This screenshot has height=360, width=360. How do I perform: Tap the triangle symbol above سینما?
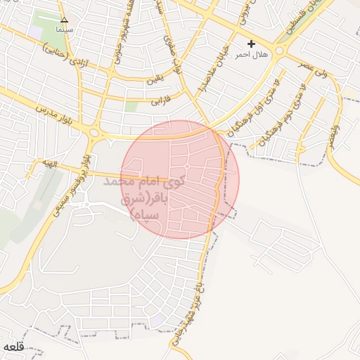[65, 20]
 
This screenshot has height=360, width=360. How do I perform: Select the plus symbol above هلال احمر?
[251, 44]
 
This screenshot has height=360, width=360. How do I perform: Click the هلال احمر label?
[252, 54]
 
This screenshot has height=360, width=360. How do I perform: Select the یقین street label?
[155, 78]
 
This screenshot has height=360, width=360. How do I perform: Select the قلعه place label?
[14, 347]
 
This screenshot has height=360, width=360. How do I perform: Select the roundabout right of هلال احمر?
[281, 51]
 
